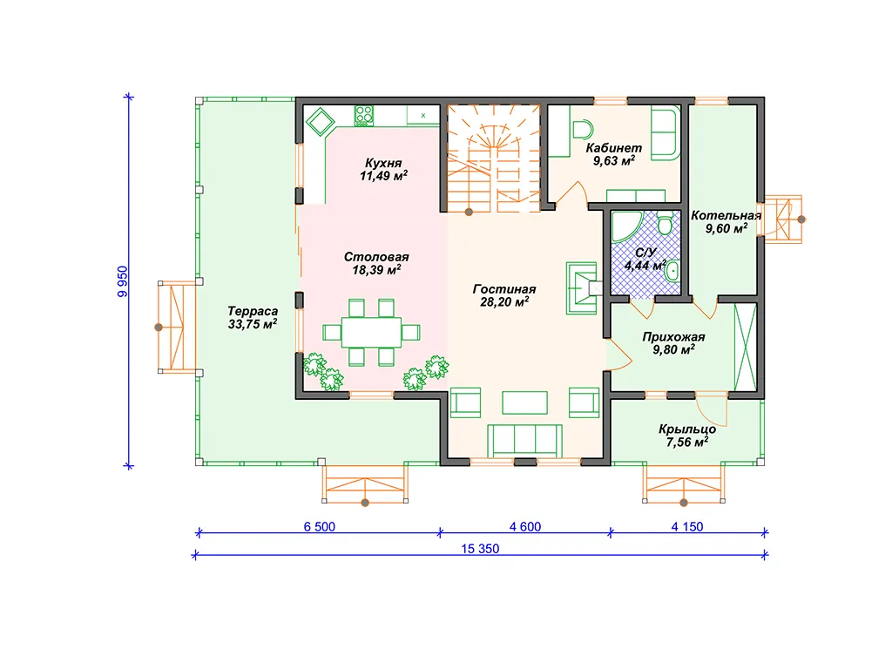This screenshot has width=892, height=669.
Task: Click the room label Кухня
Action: pyautogui.click(x=383, y=163)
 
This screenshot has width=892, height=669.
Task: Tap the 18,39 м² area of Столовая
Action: pyautogui.click(x=376, y=270)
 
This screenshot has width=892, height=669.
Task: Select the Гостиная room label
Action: pyautogui.click(x=504, y=289)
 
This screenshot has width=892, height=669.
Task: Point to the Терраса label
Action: pyautogui.click(x=253, y=311)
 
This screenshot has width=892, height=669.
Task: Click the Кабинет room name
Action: pyautogui.click(x=614, y=148)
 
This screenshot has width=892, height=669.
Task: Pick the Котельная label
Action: pyautogui.click(x=726, y=216)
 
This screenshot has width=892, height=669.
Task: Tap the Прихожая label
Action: pyautogui.click(x=673, y=337)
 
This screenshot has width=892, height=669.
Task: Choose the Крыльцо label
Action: pyautogui.click(x=687, y=429)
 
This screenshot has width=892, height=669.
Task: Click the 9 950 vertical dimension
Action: pyautogui.click(x=123, y=281)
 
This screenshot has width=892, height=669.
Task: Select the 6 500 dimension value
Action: pyautogui.click(x=319, y=527)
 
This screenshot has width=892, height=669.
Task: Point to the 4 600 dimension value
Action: pyautogui.click(x=525, y=527)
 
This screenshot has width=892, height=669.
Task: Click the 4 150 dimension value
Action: pyautogui.click(x=687, y=527)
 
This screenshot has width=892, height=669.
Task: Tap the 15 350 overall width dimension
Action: pyautogui.click(x=480, y=549)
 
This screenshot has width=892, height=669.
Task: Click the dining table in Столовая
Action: pyautogui.click(x=371, y=332)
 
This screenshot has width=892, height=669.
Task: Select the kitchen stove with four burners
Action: pyautogui.click(x=364, y=116)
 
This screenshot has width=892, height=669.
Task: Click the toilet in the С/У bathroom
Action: pyautogui.click(x=665, y=224)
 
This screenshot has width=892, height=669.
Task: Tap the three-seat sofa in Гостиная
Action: pyautogui.click(x=524, y=441)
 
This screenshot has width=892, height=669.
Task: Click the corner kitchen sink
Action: pyautogui.click(x=320, y=121)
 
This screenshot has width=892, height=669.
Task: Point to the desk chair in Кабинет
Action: pyautogui.click(x=582, y=130)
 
